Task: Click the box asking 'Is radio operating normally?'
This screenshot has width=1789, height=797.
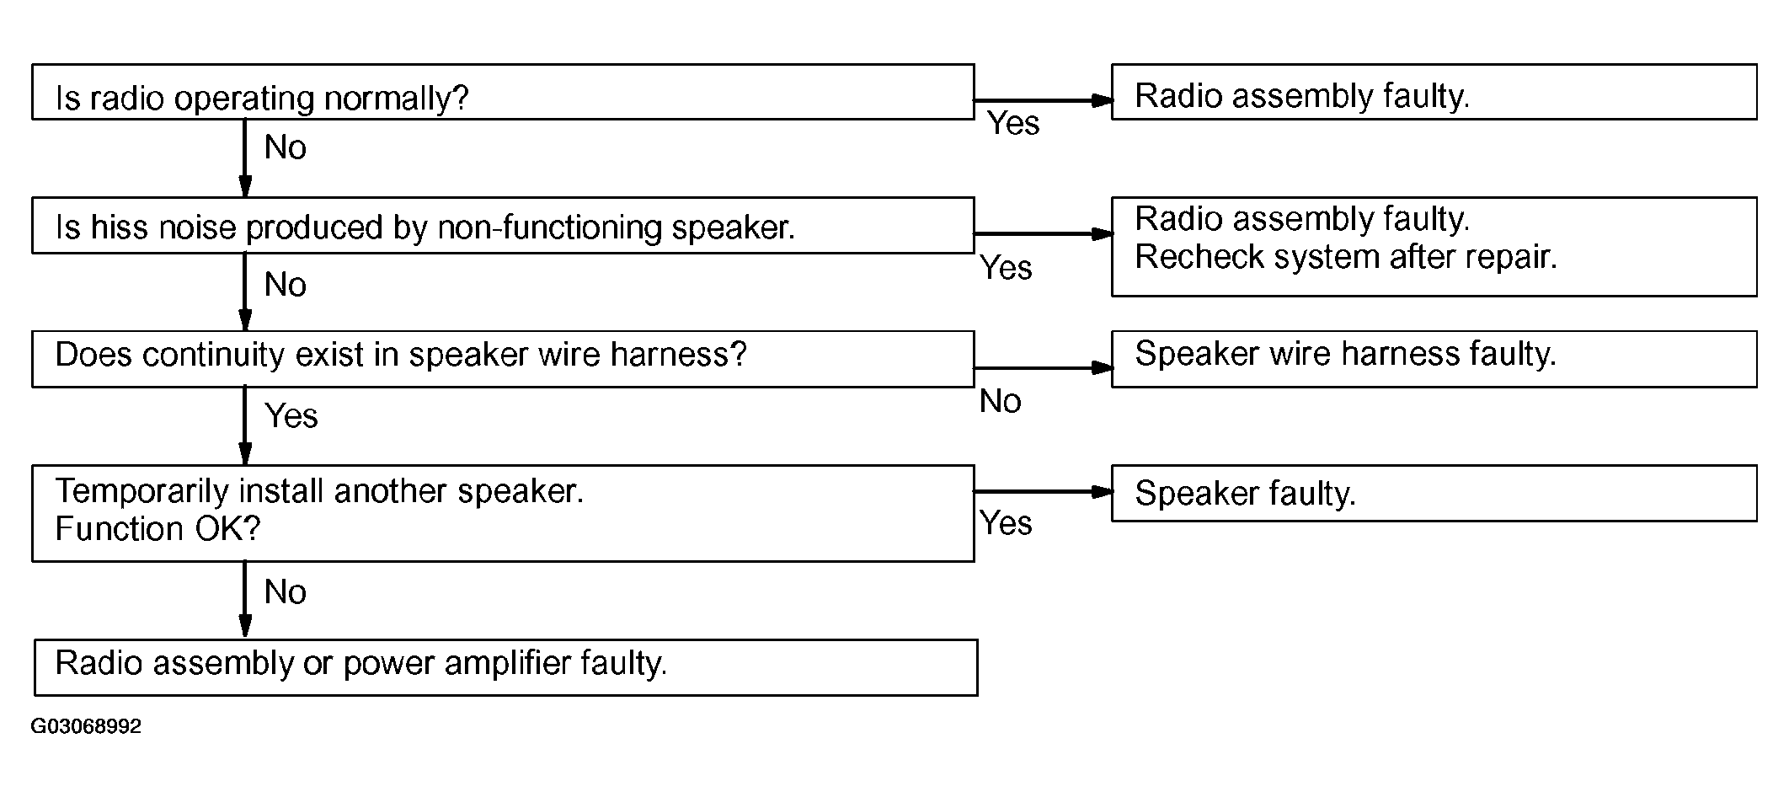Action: [x=503, y=92]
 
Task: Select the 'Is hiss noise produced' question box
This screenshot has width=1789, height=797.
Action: [x=503, y=225]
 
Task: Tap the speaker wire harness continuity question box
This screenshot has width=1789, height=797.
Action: [x=503, y=359]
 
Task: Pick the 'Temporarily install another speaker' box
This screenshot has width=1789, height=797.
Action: [x=503, y=513]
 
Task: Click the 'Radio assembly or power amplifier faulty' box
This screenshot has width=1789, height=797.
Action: [x=505, y=667]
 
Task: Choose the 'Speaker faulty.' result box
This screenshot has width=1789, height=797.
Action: [x=1434, y=493]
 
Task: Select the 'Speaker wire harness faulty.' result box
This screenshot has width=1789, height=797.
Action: [x=1434, y=359]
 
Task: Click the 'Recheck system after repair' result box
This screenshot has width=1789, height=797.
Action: [x=1434, y=247]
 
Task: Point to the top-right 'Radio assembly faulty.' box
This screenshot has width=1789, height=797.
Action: [x=1434, y=92]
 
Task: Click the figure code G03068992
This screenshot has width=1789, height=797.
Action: [x=86, y=726]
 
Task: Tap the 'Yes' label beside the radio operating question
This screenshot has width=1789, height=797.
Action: [x=1013, y=123]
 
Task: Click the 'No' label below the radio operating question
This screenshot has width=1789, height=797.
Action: [x=285, y=147]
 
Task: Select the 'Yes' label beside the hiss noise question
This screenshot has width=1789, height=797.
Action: [x=1006, y=268]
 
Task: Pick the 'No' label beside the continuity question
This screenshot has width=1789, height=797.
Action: [x=1001, y=402]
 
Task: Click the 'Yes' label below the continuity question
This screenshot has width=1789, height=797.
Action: [x=291, y=416]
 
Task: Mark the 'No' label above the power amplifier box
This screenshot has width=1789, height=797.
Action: [x=285, y=592]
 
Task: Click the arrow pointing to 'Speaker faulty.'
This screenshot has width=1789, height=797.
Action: [x=1044, y=492]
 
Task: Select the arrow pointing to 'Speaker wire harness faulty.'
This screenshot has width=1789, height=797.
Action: [x=1044, y=368]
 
